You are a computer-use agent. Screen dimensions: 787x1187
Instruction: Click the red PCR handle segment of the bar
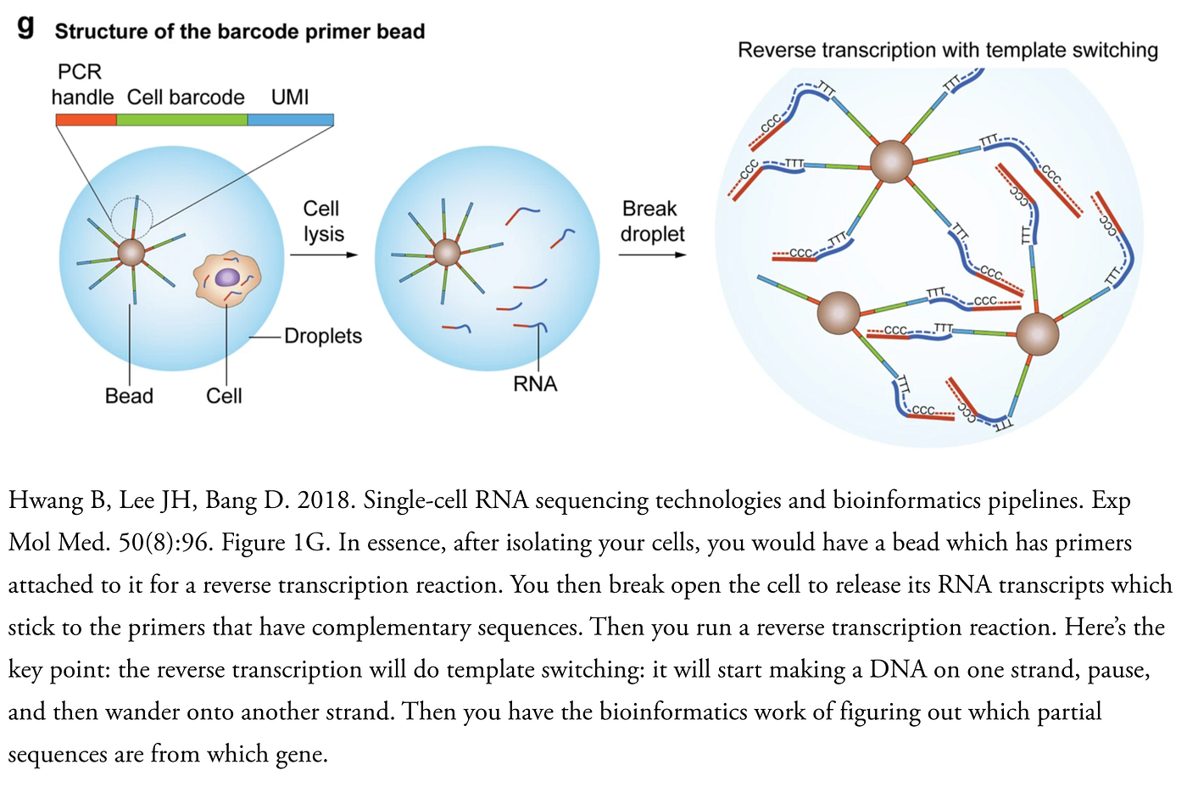click(x=86, y=120)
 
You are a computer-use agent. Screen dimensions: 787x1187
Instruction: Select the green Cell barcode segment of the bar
click(x=181, y=120)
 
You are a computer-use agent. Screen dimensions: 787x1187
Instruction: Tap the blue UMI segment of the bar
click(x=290, y=120)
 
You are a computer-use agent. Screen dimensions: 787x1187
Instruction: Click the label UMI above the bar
click(x=290, y=97)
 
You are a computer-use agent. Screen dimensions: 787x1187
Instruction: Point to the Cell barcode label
click(x=186, y=98)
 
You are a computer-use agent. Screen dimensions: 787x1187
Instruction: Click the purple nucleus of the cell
click(x=227, y=277)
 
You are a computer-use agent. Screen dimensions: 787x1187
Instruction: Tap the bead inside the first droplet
click(x=131, y=252)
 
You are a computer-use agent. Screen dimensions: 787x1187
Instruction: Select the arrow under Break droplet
click(x=651, y=254)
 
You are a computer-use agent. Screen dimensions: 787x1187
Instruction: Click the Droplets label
click(x=323, y=337)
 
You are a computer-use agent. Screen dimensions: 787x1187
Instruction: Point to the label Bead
click(x=129, y=396)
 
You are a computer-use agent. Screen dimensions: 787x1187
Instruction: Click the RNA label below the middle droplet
click(x=535, y=384)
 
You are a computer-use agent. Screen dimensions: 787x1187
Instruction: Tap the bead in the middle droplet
click(x=447, y=252)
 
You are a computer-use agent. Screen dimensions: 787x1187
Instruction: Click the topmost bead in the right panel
click(x=891, y=161)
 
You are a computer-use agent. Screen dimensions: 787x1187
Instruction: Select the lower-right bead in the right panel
click(x=1037, y=333)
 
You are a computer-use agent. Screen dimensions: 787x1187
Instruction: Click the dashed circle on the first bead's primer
click(x=132, y=217)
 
